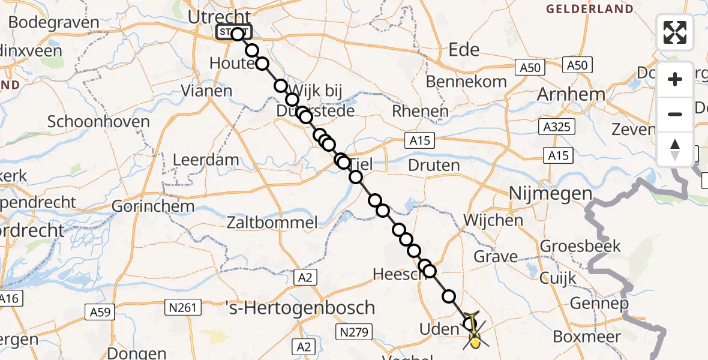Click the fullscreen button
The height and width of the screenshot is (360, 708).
click(675, 32)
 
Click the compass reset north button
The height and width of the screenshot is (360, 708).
click(675, 149)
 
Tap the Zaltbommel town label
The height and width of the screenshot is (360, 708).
click(272, 223)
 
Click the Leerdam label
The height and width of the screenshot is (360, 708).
click(206, 161)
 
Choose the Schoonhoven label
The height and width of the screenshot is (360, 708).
click(98, 122)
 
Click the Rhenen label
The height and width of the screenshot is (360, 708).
click(420, 112)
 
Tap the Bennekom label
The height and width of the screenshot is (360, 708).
click(466, 82)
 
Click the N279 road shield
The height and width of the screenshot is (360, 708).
click(355, 332)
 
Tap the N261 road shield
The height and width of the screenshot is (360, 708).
click(181, 308)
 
